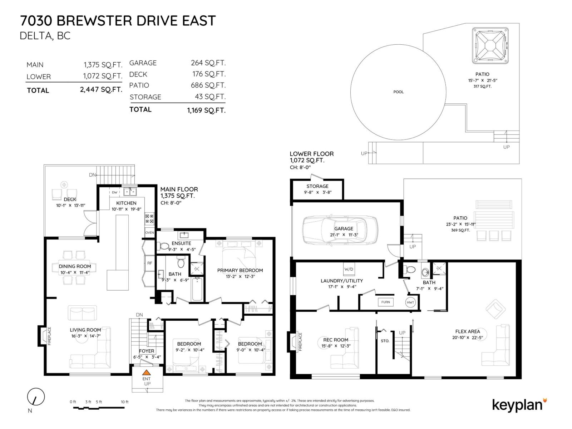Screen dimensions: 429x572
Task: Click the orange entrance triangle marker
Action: point(147,373)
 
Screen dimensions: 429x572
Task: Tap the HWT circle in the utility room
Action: point(410,302)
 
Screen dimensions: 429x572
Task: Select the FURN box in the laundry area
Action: point(385,302)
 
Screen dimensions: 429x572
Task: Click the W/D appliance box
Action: point(349,269)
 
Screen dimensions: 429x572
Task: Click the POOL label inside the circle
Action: point(398,92)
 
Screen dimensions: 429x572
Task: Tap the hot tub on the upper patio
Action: point(490,46)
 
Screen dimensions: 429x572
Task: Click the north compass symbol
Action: point(36,397)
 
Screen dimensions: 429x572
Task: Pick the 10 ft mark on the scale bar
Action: point(124,402)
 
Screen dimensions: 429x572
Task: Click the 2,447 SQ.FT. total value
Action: point(101,90)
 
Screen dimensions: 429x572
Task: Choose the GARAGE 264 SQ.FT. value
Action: point(208,63)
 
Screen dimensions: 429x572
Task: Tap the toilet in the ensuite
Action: point(164,246)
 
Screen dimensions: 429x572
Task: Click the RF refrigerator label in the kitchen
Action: point(149,263)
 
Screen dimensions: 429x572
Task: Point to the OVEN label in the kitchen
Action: point(149,233)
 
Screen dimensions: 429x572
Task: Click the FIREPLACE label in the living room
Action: point(50,336)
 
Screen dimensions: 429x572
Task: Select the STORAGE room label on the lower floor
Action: point(317,186)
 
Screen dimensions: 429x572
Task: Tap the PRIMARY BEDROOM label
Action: point(240,270)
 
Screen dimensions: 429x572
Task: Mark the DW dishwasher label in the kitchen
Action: point(114,192)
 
